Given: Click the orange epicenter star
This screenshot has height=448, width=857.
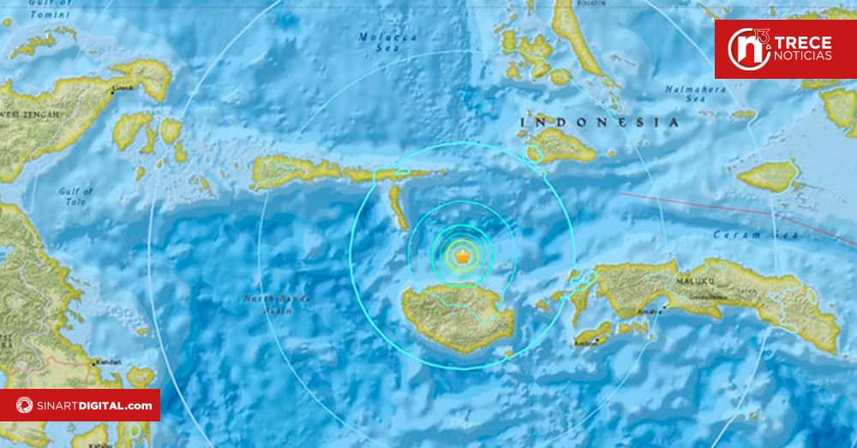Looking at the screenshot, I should click(463, 256).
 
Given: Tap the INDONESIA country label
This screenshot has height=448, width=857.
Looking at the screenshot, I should click(599, 122).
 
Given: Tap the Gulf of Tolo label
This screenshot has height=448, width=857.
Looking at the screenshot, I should click(75, 196).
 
